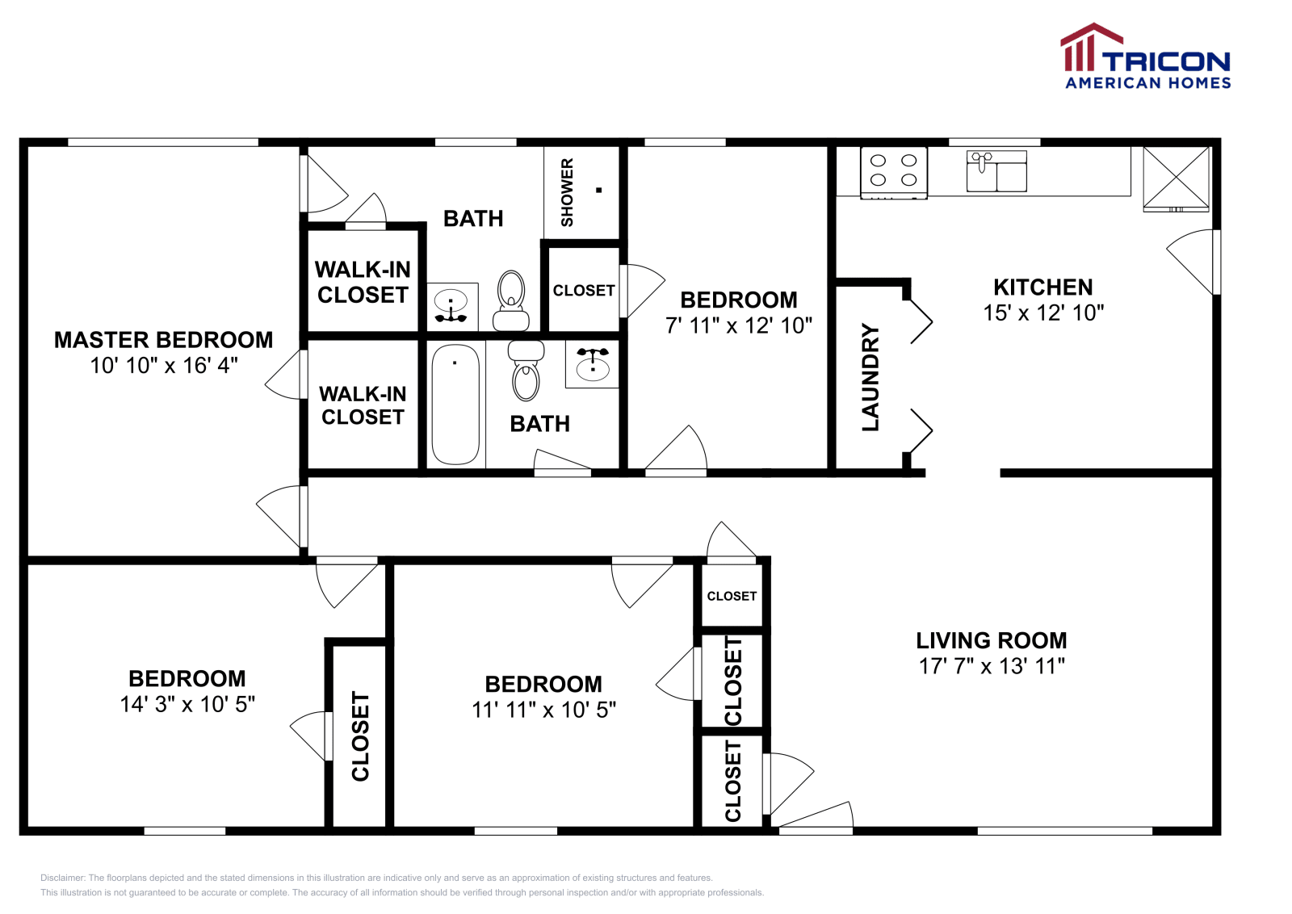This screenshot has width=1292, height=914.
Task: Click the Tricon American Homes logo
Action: click(1146, 56)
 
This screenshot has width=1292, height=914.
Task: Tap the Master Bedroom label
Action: click(163, 340)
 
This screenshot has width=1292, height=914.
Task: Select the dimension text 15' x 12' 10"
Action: click(1043, 313)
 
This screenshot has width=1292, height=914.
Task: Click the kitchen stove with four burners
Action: click(893, 173)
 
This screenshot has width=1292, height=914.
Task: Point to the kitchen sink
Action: click(996, 171)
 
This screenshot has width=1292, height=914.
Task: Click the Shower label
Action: click(567, 193)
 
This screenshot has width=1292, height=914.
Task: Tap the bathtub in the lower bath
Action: click(455, 405)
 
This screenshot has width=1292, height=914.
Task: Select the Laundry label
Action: click(870, 378)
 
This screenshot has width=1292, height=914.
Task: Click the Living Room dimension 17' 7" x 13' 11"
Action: click(992, 667)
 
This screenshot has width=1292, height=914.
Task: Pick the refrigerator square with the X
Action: click(1176, 178)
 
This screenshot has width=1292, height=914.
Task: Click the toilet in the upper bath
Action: click(511, 301)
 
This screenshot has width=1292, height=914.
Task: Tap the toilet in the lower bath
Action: click(526, 371)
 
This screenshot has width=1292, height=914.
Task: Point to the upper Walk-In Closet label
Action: click(363, 283)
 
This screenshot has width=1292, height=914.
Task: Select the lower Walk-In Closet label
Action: click(363, 405)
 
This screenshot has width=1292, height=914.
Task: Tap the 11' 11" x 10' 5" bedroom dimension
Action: click(544, 711)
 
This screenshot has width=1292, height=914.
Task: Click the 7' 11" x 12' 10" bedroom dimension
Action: click(739, 326)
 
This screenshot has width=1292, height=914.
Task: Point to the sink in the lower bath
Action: click(593, 364)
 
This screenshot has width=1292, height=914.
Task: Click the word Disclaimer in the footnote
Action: click(63, 878)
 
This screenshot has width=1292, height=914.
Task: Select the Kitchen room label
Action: click(1043, 287)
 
